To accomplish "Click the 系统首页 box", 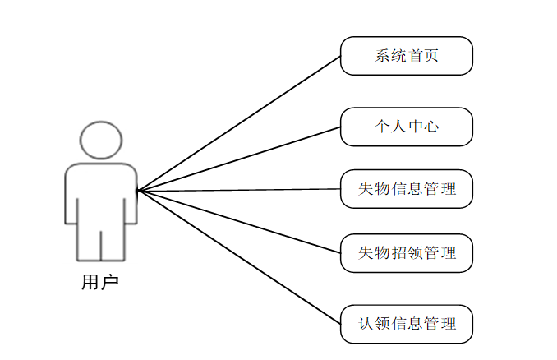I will point(407,56).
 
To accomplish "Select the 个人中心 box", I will point(407,127).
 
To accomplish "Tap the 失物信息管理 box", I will point(407,189).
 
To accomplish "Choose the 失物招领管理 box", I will point(407,252).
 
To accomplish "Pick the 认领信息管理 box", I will point(407,323).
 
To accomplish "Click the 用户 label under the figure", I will point(100,283).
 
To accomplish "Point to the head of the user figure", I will point(101,139).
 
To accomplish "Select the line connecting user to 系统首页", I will point(238,123).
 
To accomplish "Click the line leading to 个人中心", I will point(238,159).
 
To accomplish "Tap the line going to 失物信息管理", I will point(238,190).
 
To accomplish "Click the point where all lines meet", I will point(138,191).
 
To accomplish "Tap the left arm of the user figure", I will point(71,197).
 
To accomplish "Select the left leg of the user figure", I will point(89,242).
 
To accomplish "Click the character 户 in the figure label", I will point(110,283).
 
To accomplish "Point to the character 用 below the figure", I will point(90,283).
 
